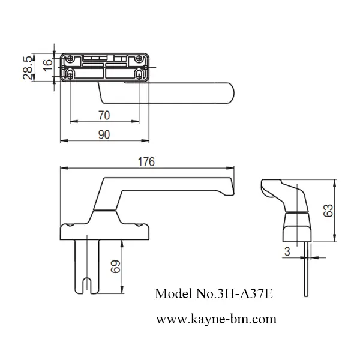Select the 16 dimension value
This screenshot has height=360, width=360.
pyautogui.click(x=47, y=64)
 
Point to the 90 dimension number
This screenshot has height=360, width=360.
pyautogui.click(x=104, y=135)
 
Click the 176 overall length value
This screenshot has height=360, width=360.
pyautogui.click(x=146, y=162)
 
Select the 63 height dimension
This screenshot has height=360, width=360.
pyautogui.click(x=343, y=210)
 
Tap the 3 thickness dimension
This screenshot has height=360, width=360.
pyautogui.click(x=287, y=253)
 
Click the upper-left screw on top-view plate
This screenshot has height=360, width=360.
pyautogui.click(x=71, y=59)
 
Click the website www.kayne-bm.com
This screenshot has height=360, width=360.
pyautogui.click(x=217, y=319)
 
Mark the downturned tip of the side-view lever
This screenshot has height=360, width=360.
pyautogui.click(x=229, y=193)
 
